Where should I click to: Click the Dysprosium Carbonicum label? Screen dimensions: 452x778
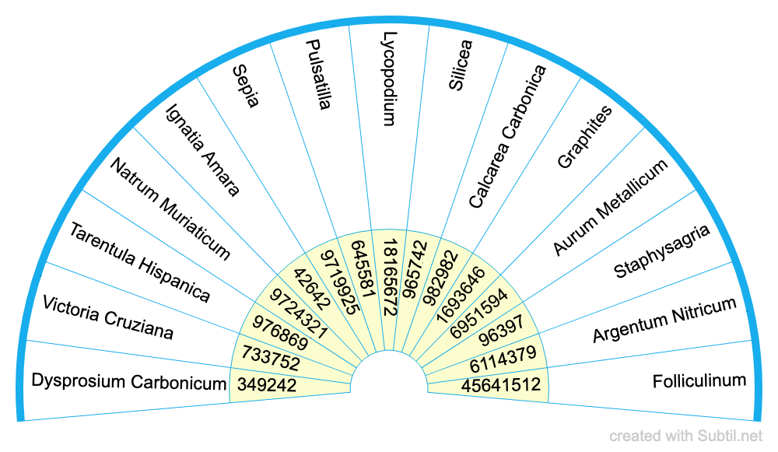(x=129, y=382)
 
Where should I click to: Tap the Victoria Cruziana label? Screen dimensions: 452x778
(x=107, y=317)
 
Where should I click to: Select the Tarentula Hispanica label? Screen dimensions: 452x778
(x=139, y=262)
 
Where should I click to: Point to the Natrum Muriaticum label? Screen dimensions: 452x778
(x=170, y=208)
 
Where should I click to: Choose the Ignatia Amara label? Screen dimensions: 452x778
(x=203, y=150)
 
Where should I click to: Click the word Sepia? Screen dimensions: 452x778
(x=246, y=87)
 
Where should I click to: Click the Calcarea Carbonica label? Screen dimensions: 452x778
(x=507, y=137)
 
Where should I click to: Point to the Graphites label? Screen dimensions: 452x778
(x=585, y=137)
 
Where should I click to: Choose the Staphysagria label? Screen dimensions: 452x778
(x=661, y=251)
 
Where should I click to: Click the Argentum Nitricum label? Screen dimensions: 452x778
(x=664, y=320)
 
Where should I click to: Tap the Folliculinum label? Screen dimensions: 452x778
(x=699, y=381)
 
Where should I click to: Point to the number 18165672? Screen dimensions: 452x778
(x=390, y=278)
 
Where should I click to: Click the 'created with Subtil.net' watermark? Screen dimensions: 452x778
(x=685, y=436)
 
